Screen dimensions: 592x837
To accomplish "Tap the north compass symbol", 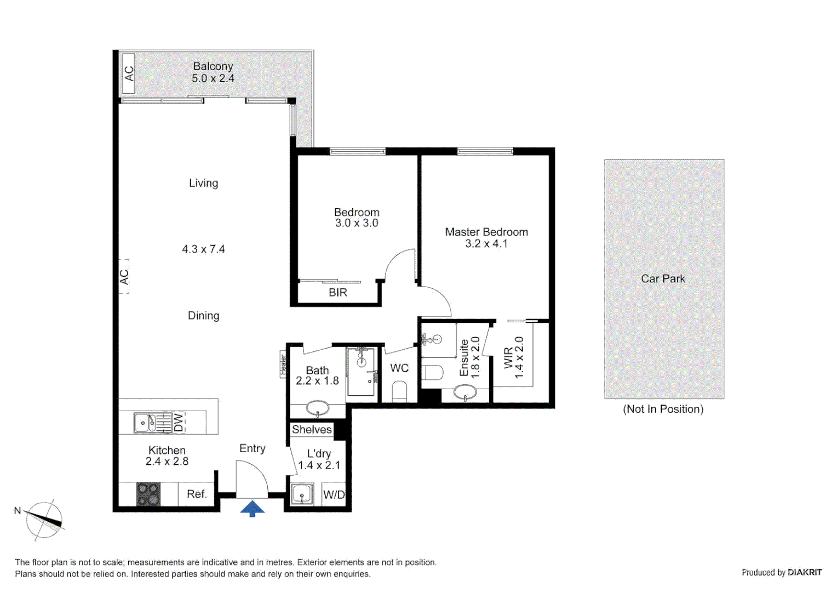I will point(44,520).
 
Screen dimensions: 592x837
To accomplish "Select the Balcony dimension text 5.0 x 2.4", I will point(213,78).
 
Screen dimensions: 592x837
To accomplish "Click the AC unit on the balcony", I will point(128,73).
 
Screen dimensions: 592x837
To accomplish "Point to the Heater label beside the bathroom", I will point(283,365).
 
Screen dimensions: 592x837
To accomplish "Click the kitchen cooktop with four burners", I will point(148,494).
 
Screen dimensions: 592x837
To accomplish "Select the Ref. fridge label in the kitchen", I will point(197,494).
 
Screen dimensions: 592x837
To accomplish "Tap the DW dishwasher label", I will point(179,423).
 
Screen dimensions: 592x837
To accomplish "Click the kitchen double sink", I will point(146,423).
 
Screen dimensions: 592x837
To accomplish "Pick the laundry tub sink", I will point(302,494).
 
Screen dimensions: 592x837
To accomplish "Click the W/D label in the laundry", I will point(334,494).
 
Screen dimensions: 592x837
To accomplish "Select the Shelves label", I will point(312,429).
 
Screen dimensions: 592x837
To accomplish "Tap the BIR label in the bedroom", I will point(338,293).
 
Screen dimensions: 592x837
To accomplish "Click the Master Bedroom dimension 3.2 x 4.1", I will point(486,244).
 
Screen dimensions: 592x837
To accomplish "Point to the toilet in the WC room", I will point(400,391).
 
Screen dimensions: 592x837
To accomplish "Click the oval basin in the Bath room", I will point(317,408).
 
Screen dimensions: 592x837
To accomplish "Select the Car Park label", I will point(663,278).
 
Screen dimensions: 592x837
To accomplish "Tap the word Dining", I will point(203,316).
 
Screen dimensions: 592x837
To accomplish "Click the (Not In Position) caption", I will point(663,409).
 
